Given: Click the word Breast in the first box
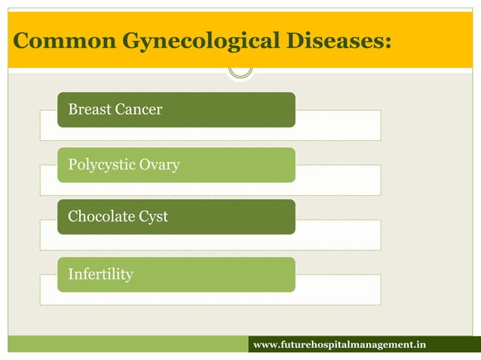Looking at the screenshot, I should pos(90,109).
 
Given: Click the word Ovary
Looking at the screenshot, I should pos(160,164).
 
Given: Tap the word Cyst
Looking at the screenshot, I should pos(153,217).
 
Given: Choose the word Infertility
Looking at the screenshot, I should pos(100,274).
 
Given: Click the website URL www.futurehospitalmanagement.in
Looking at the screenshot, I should pos(339,345).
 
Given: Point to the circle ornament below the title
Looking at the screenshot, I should pos(240,69).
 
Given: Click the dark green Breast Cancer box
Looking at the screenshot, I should pos(226,109).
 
